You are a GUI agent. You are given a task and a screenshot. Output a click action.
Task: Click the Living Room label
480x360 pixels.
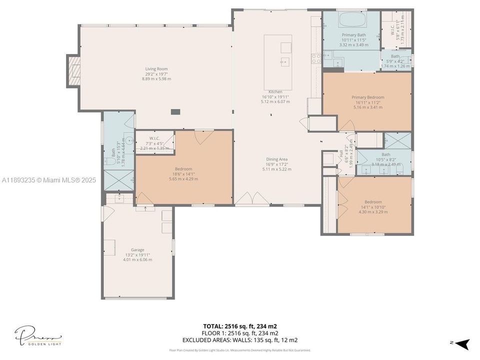pos(156,69)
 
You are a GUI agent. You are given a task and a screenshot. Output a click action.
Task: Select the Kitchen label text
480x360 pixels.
pos(275,92)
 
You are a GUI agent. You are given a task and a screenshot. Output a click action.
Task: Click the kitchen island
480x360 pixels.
pos(278,62)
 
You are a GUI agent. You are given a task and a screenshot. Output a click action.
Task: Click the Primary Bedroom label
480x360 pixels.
pos(368,97)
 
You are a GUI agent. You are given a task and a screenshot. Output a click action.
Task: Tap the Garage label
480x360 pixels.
pos(137,250)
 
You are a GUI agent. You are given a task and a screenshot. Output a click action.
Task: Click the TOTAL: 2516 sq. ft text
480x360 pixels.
pos(239,325)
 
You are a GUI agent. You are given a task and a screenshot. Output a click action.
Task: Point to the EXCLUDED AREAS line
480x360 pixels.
pos(239,340)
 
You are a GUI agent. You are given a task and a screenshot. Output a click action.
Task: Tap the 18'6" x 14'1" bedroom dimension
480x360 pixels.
pos(183,174)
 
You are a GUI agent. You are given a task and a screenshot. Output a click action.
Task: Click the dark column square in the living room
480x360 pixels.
pos(175,112)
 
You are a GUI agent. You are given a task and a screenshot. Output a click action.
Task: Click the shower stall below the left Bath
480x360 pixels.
pos(118,180)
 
